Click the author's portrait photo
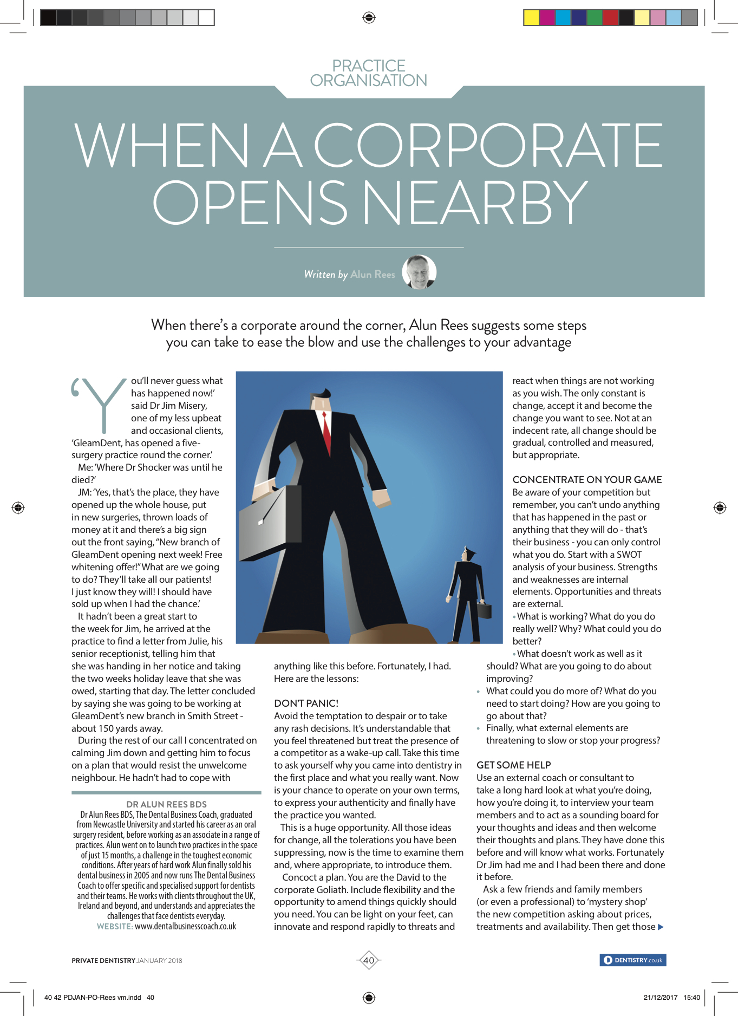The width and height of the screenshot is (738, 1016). tap(419, 272)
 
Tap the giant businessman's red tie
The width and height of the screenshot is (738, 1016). tap(326, 428)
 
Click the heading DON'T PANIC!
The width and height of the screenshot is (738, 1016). tap(306, 703)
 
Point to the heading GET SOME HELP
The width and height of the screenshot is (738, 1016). tap(513, 765)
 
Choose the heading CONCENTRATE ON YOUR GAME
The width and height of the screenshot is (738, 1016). tap(587, 479)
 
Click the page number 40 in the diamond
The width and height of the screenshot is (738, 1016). tap(369, 960)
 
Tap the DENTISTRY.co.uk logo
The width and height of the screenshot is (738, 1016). tap(633, 960)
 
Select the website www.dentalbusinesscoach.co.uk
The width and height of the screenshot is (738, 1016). tap(185, 926)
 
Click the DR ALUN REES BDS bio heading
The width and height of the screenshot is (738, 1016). tap(166, 804)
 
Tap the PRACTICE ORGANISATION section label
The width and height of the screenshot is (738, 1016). tap(369, 73)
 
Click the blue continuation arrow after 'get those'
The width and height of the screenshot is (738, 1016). tap(661, 927)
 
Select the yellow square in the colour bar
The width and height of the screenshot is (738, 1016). tap(531, 18)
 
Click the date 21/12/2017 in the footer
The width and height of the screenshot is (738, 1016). tap(660, 997)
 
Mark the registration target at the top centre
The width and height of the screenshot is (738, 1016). tap(369, 18)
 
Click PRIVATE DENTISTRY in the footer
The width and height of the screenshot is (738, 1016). tap(103, 960)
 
